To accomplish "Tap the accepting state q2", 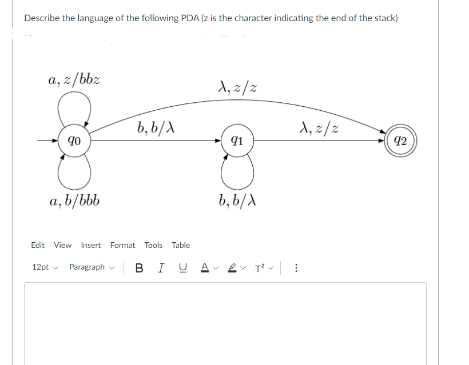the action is pyautogui.click(x=400, y=140).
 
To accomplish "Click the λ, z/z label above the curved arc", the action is pyautogui.click(x=237, y=87).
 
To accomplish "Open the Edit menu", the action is pyautogui.click(x=38, y=245).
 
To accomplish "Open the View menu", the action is pyautogui.click(x=62, y=245).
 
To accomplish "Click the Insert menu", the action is pyautogui.click(x=90, y=245).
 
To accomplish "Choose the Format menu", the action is pyautogui.click(x=122, y=245).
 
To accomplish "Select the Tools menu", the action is pyautogui.click(x=153, y=245).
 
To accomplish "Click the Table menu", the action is pyautogui.click(x=181, y=245).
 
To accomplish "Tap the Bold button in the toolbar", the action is pyautogui.click(x=140, y=267).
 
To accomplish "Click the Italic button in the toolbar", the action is pyautogui.click(x=162, y=267).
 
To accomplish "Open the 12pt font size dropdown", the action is pyautogui.click(x=45, y=267).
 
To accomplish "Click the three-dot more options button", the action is pyautogui.click(x=295, y=267).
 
